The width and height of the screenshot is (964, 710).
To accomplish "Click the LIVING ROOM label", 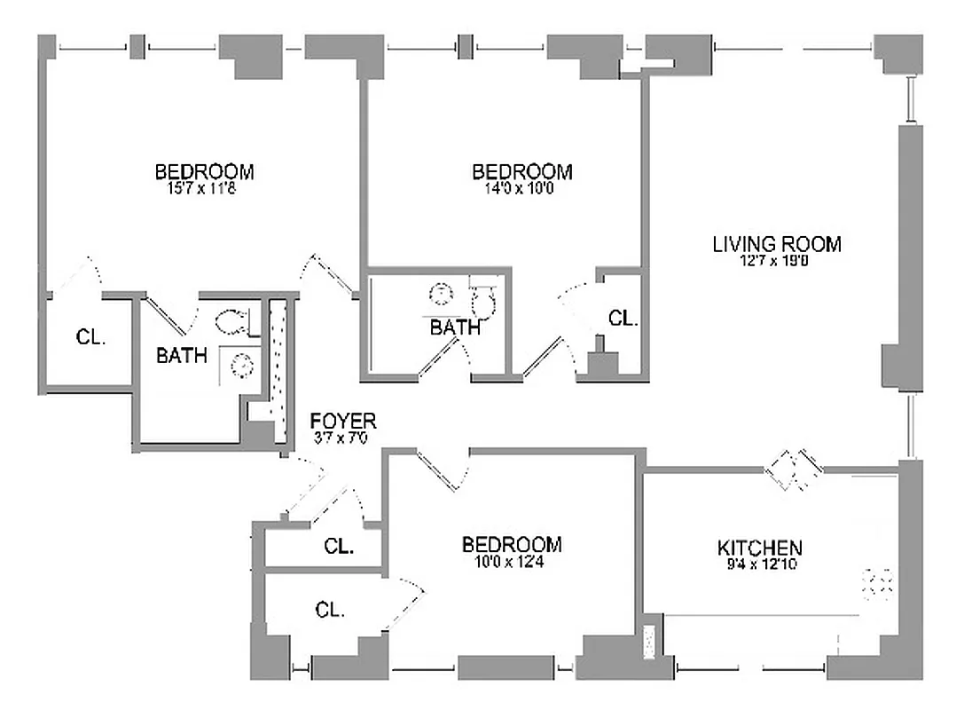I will pyautogui.click(x=776, y=243).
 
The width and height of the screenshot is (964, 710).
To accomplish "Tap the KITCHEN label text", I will pyautogui.click(x=759, y=548).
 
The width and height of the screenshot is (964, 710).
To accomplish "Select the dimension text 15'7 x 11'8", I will pyautogui.click(x=204, y=188).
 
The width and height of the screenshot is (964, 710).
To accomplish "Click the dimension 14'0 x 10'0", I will pyautogui.click(x=521, y=188).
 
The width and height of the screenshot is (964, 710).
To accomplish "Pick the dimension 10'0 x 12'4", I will pyautogui.click(x=512, y=561).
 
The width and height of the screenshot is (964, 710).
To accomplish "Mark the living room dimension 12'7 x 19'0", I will pyautogui.click(x=776, y=261).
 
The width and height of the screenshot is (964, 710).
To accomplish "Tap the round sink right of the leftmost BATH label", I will pyautogui.click(x=239, y=362).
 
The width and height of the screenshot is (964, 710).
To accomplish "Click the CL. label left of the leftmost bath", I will pyautogui.click(x=90, y=337).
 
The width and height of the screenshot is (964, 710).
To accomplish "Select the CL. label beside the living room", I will pyautogui.click(x=623, y=318).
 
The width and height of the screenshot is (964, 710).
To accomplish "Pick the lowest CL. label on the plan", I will pyautogui.click(x=330, y=610).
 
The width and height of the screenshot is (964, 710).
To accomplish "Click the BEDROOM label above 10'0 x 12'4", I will pyautogui.click(x=512, y=544).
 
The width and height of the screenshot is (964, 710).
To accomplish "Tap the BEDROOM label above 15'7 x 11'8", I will pyautogui.click(x=204, y=171).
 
